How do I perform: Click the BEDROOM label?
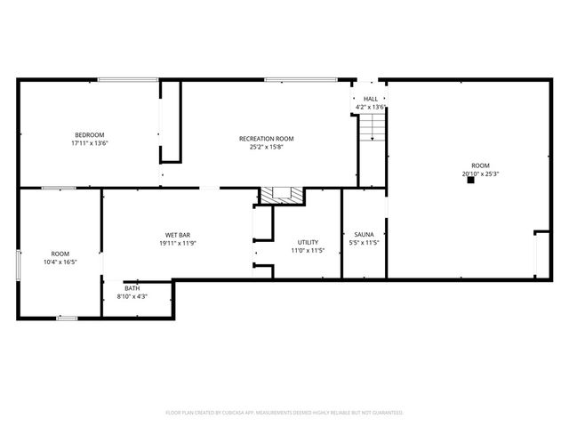[x=89, y=135]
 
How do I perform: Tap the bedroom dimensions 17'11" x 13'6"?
[x=89, y=143]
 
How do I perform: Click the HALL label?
[x=370, y=99]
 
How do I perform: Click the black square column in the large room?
[x=470, y=180]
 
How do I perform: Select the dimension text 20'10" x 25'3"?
[x=480, y=174]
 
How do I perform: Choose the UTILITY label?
[x=308, y=242]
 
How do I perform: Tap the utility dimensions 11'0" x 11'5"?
[x=308, y=250]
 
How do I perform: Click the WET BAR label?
[x=178, y=235]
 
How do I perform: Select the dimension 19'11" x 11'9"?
[x=178, y=243]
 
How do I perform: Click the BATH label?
[x=132, y=288]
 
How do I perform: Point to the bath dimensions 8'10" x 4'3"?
[x=132, y=296]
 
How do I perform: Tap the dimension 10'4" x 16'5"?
[x=60, y=262]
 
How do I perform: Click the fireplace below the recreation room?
[x=281, y=196]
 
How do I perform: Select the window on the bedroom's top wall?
[x=122, y=80]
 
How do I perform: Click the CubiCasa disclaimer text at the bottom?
[x=284, y=413]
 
